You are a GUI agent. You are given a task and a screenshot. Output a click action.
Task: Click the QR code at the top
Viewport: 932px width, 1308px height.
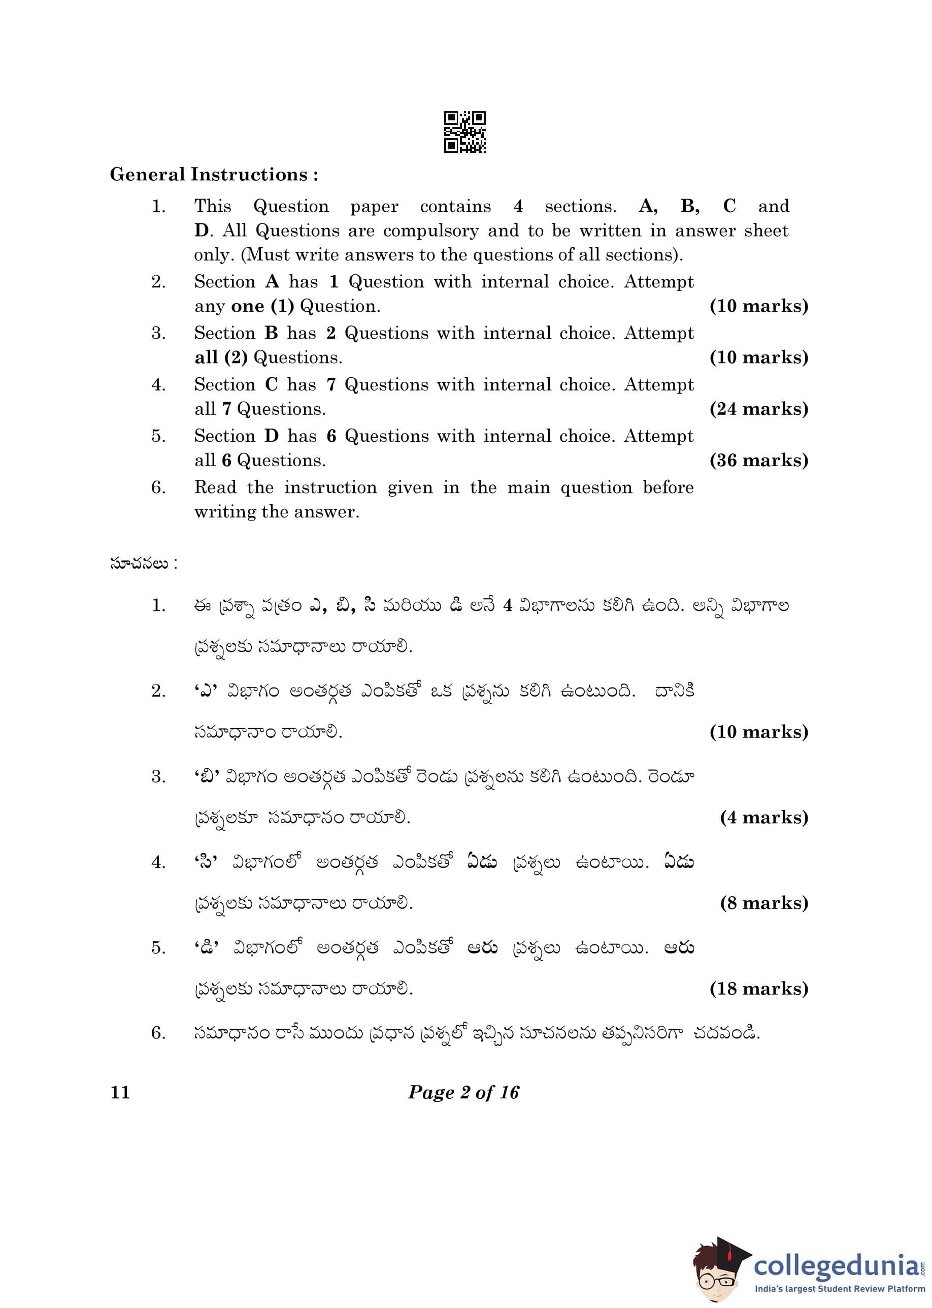click(465, 132)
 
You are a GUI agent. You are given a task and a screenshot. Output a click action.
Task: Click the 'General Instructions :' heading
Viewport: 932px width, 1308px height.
click(214, 175)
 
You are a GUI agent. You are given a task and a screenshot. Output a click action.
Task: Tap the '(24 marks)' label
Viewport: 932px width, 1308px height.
click(759, 409)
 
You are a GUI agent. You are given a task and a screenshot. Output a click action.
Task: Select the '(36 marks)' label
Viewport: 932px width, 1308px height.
click(759, 461)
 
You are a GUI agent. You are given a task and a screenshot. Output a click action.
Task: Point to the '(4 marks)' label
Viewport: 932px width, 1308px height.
click(764, 817)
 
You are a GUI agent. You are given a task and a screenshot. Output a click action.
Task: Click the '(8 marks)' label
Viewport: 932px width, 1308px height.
click(764, 903)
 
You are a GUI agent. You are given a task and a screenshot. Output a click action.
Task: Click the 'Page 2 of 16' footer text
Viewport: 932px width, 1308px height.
click(463, 1092)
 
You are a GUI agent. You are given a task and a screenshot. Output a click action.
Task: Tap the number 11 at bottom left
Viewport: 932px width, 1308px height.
click(120, 1092)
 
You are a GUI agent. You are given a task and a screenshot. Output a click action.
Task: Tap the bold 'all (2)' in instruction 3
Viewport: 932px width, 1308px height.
click(221, 357)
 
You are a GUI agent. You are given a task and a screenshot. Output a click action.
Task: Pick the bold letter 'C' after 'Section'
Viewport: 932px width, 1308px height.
click(272, 384)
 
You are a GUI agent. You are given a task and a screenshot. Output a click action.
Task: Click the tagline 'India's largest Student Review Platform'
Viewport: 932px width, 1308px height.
click(839, 1289)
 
